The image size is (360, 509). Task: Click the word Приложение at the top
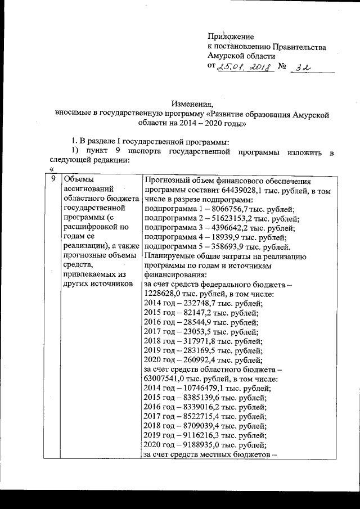[x=231, y=36]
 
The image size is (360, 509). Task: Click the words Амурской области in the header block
[x=241, y=56]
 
